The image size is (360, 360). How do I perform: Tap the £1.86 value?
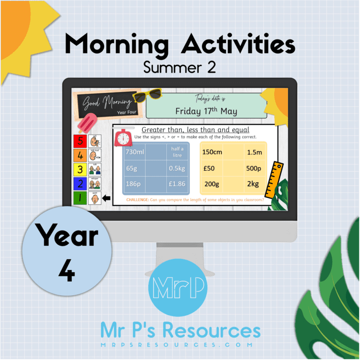(176, 184)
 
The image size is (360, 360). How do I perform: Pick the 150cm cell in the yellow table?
(212, 152)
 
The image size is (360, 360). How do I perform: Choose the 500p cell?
(255, 168)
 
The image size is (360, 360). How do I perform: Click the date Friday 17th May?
(206, 111)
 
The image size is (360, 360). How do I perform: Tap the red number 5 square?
(80, 140)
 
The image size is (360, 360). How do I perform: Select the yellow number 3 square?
(80, 169)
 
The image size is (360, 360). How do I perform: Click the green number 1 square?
(80, 198)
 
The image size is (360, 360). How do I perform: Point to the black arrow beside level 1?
(106, 198)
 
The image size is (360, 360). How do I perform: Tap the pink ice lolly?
(87, 123)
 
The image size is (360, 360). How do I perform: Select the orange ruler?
(274, 180)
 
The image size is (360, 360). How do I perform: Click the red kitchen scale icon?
(123, 138)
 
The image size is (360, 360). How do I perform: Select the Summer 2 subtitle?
(180, 68)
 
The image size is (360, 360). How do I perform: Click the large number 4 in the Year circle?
(67, 271)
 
